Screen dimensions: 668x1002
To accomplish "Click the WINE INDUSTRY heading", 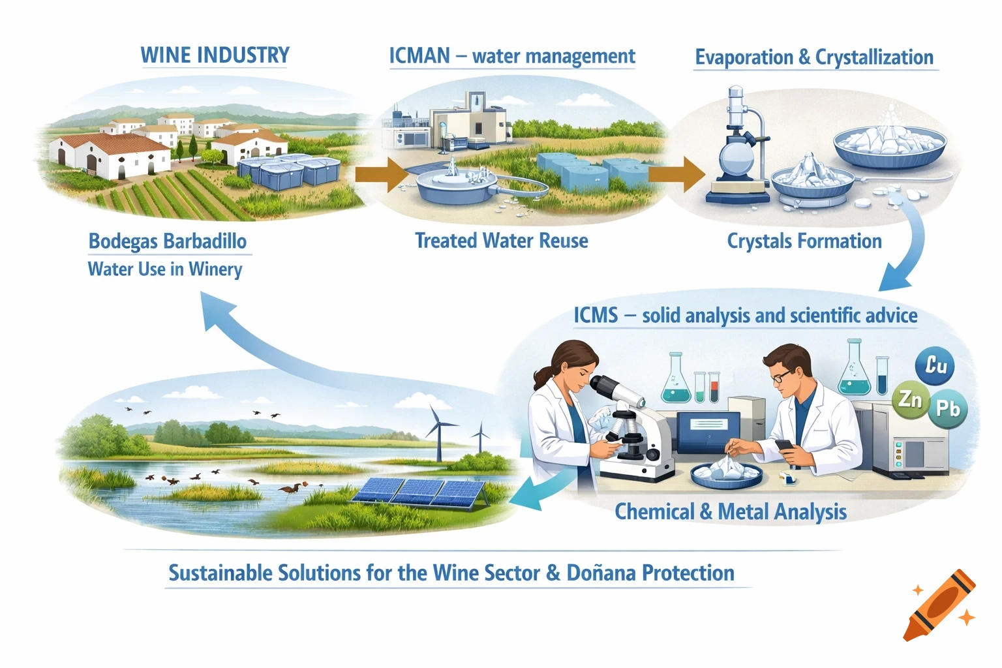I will click(215, 55).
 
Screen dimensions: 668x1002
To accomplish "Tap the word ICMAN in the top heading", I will click(419, 56).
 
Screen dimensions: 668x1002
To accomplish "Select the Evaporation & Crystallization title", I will click(814, 57).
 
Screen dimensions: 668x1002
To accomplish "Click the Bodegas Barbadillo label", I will click(168, 241).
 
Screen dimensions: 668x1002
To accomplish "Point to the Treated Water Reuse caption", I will click(501, 241).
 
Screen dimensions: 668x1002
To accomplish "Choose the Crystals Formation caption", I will click(804, 241).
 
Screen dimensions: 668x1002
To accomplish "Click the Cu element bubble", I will click(935, 365).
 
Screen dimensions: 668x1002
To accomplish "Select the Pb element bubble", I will click(947, 409).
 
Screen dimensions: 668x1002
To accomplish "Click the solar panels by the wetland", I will click(417, 491).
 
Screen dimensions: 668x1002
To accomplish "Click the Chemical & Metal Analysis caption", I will click(731, 512).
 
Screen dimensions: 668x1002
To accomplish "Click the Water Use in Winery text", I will click(165, 269).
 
